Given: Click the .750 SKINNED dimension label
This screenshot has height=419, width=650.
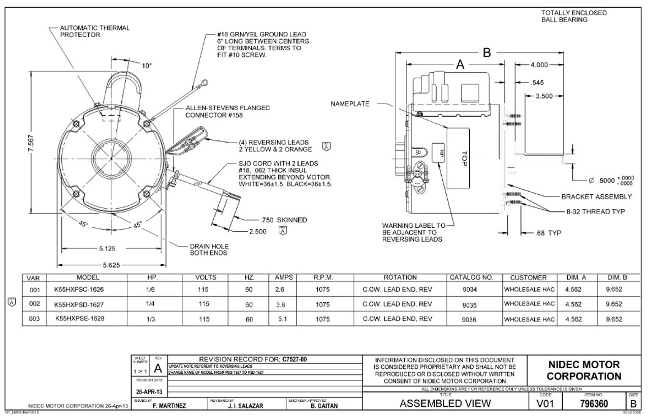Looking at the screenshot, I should click(283, 220).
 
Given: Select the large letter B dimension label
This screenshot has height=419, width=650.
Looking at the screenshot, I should click(486, 52).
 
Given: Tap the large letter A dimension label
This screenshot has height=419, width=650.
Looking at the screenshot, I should click(461, 64).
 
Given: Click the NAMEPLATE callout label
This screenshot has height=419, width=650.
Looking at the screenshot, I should click(350, 103).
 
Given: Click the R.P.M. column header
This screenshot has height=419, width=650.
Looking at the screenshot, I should click(323, 277).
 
